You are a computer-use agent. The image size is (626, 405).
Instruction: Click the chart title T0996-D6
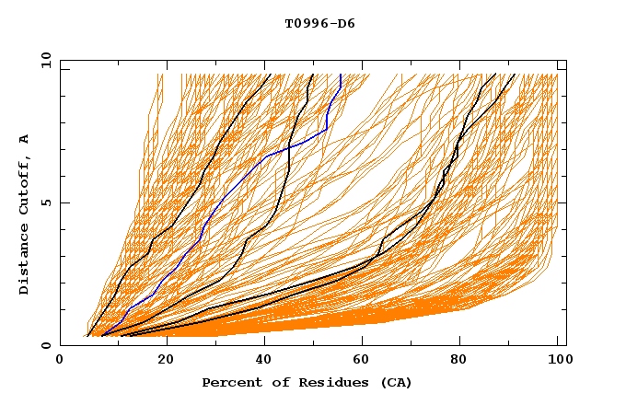[319, 24]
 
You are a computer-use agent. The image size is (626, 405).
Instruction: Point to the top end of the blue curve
[341, 75]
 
